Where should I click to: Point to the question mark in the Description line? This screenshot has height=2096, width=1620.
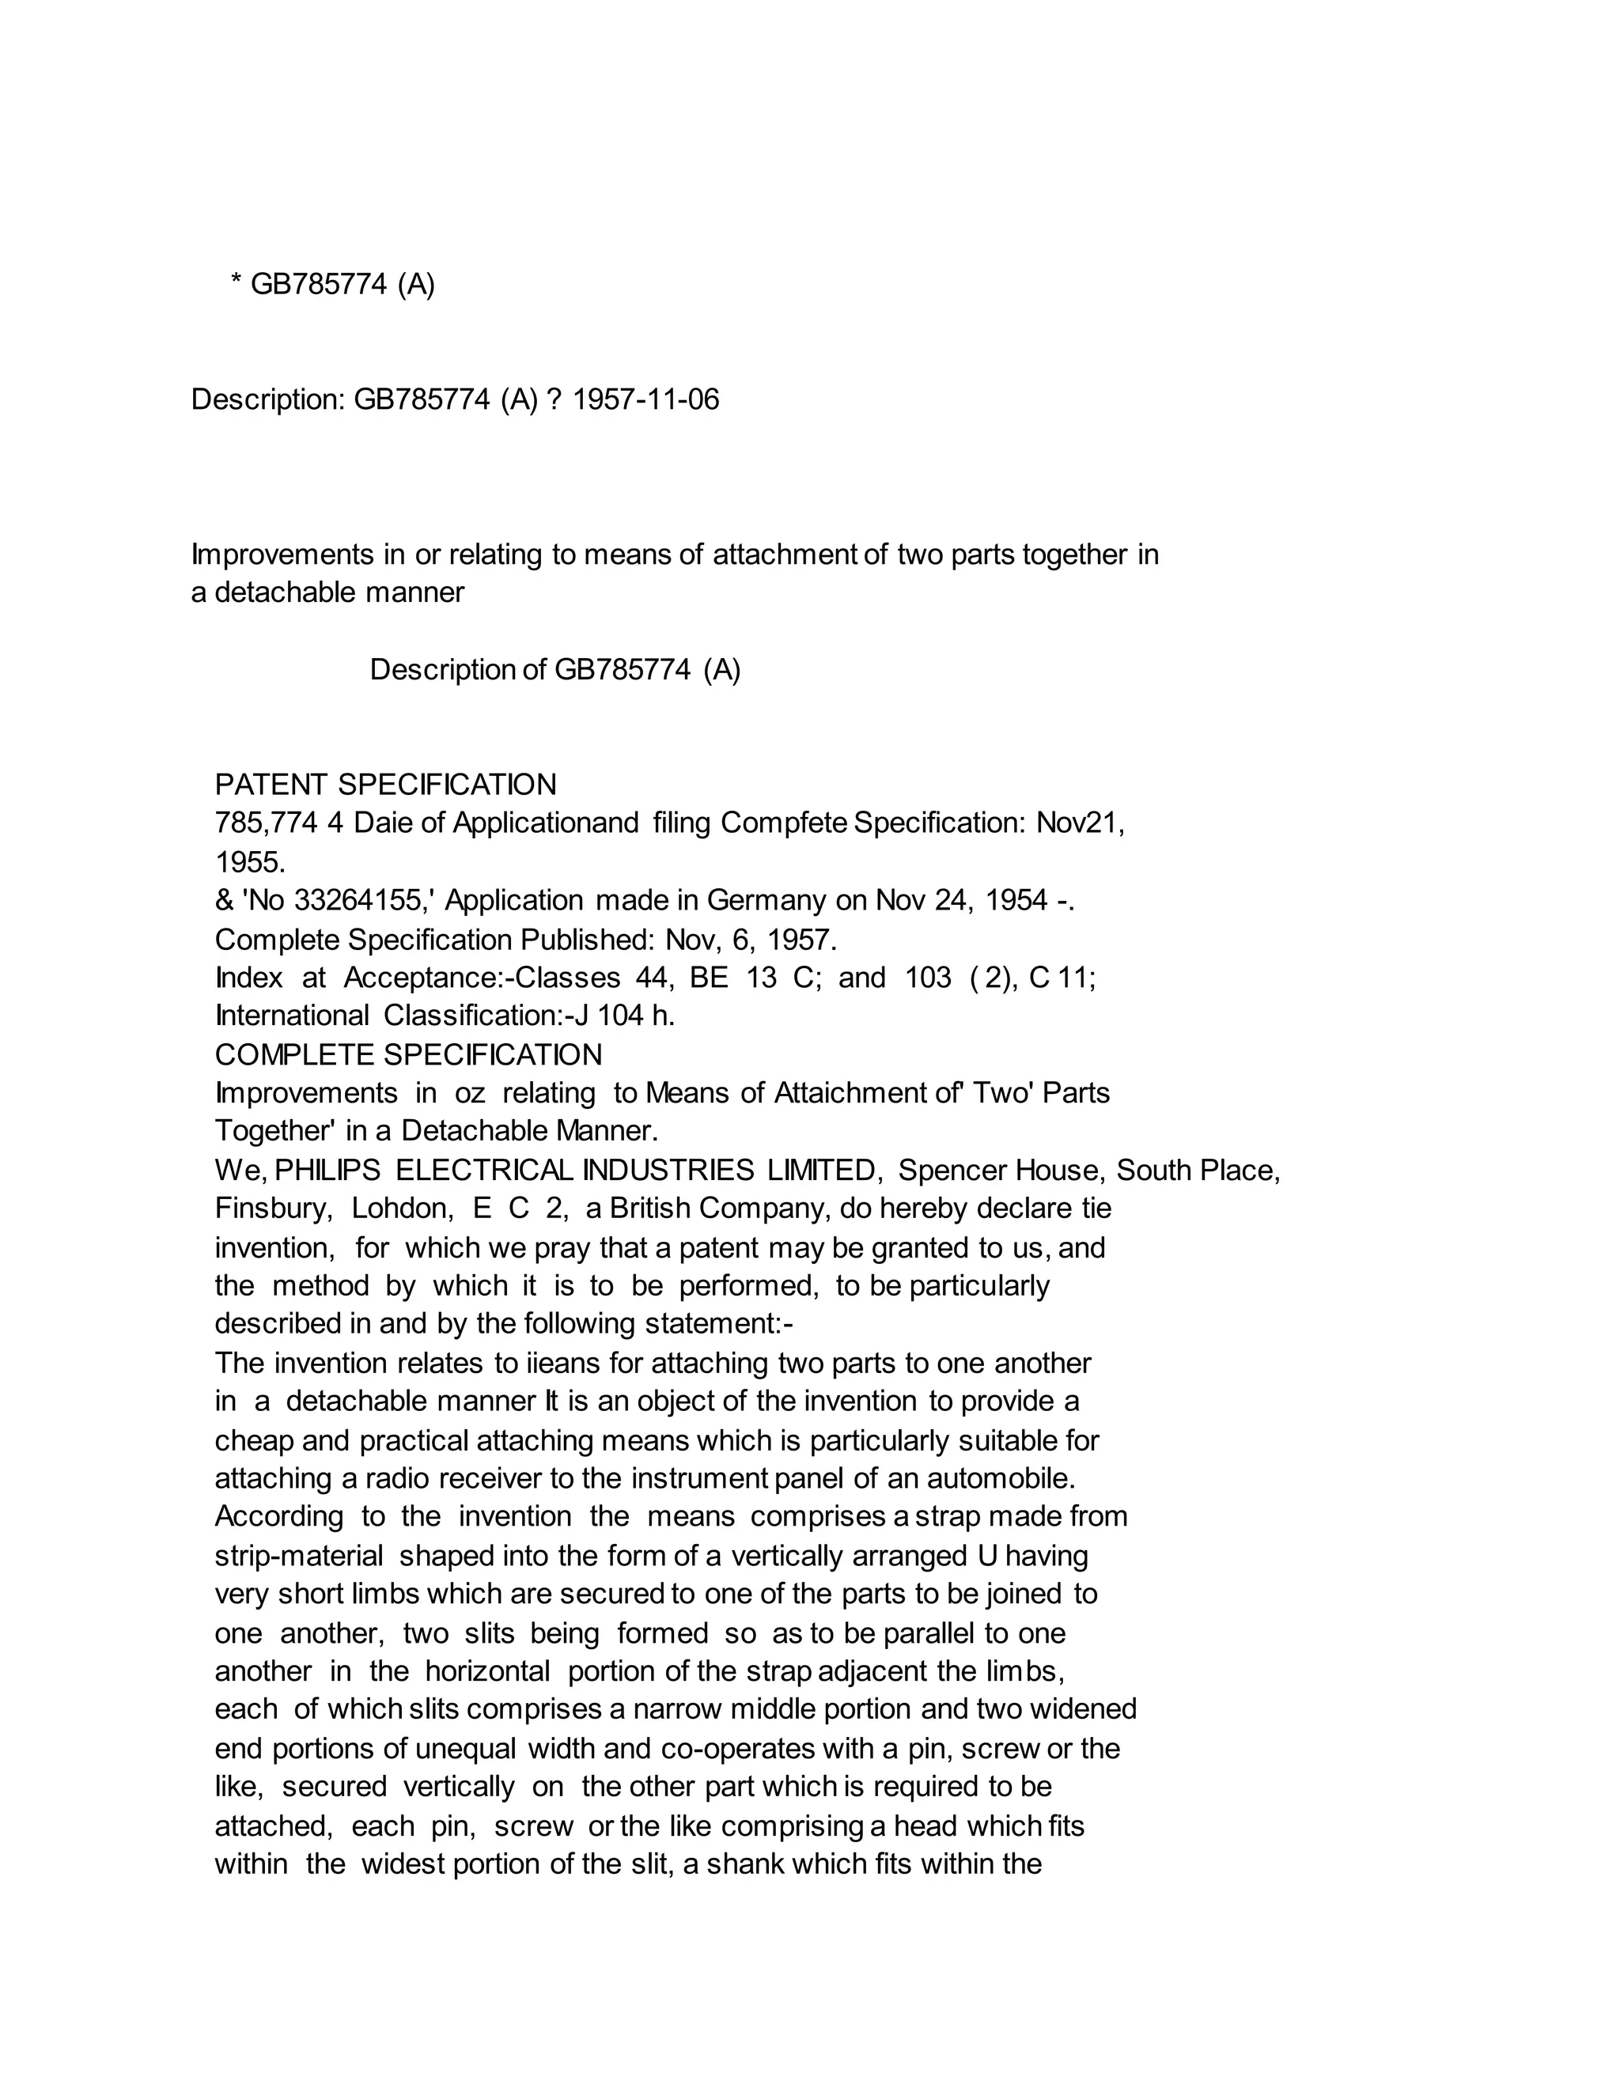[x=553, y=399]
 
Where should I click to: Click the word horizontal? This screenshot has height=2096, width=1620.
[x=487, y=1670]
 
